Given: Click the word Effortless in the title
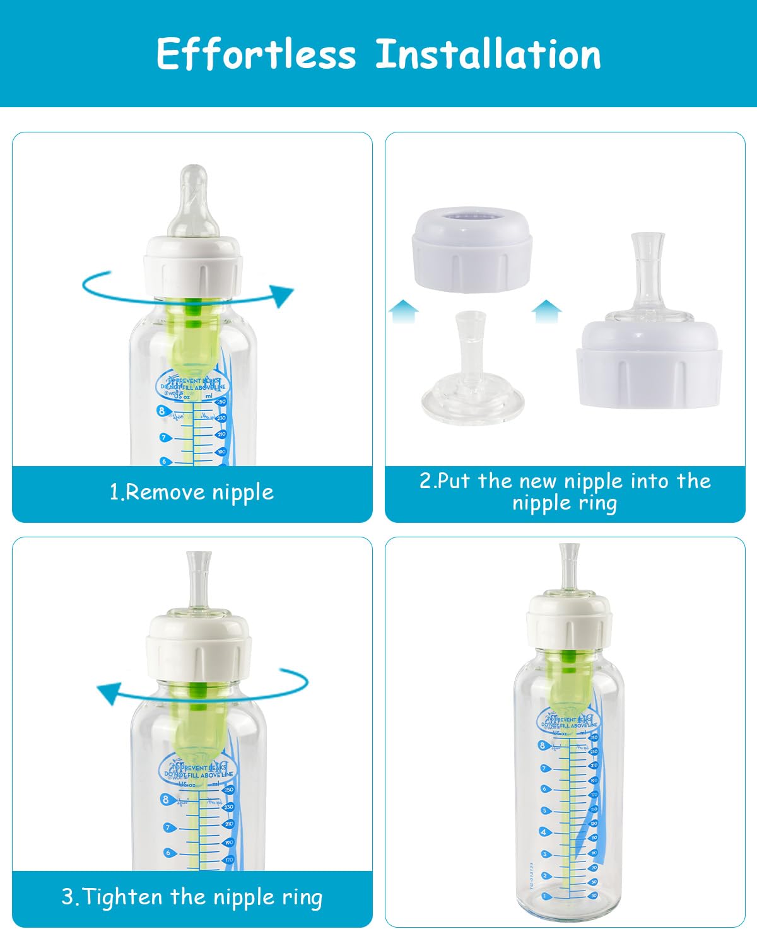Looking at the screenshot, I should pyautogui.click(x=255, y=54).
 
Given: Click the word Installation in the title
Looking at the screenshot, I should pyautogui.click(x=488, y=54).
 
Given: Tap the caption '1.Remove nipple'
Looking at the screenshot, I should pyautogui.click(x=192, y=493).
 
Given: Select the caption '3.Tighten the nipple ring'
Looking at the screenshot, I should pyautogui.click(x=192, y=897).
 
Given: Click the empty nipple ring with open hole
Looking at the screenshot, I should pyautogui.click(x=472, y=252).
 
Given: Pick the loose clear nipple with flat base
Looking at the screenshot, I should pyautogui.click(x=472, y=372).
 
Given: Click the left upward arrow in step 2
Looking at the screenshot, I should pyautogui.click(x=403, y=312).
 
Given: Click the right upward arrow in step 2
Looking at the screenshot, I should pyautogui.click(x=546, y=312).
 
